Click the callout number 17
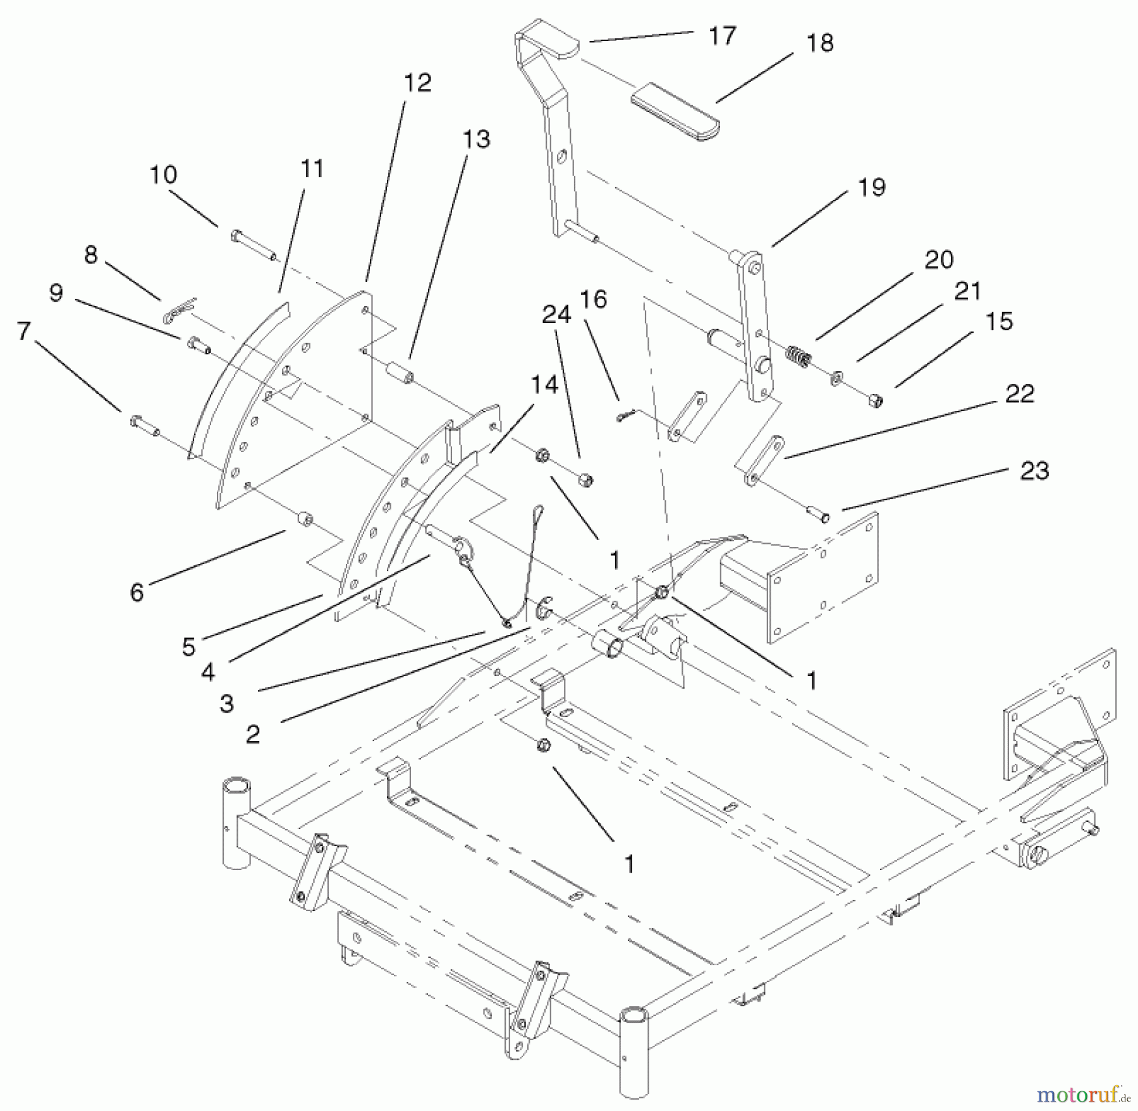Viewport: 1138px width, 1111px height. pos(722,35)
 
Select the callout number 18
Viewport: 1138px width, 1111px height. pos(820,43)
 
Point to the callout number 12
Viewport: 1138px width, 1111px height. pos(417,82)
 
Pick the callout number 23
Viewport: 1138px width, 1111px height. pos(1034,470)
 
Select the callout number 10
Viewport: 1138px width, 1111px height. pos(163,175)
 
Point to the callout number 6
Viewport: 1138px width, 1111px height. pos(137,592)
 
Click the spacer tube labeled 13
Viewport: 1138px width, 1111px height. pos(400,372)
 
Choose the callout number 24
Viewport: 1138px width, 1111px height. pos(556,314)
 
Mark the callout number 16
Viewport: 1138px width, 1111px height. pos(592,298)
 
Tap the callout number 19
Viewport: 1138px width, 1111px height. pos(872,187)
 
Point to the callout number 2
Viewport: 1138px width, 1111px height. pos(253,734)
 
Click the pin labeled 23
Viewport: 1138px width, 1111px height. pos(819,516)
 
